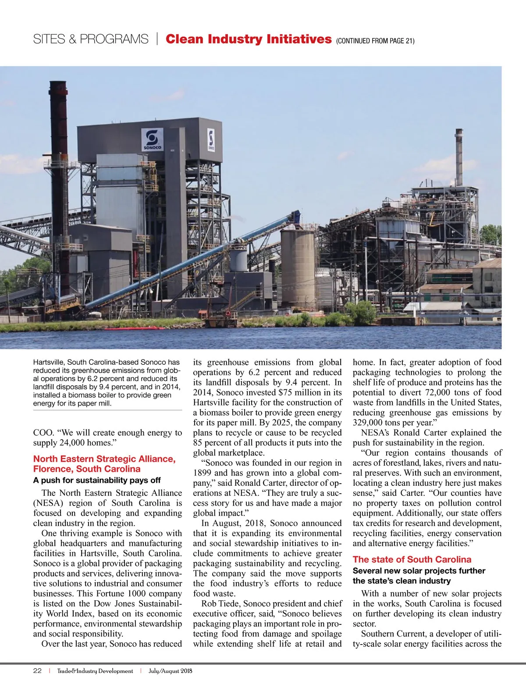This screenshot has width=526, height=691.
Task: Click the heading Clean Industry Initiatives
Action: [248, 39]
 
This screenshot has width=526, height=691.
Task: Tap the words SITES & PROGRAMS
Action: [91, 39]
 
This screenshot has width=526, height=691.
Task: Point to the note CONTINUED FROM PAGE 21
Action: [375, 41]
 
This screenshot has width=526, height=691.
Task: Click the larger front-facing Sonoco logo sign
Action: [152, 140]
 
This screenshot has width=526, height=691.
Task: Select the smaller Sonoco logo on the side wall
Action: [211, 140]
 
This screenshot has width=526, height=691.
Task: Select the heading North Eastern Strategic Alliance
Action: [104, 459]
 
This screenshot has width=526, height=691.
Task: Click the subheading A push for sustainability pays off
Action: [97, 480]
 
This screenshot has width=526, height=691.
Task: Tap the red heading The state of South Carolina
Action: [412, 559]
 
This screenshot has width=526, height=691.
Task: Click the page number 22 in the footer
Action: [37, 671]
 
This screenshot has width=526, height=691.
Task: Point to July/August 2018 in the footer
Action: [170, 671]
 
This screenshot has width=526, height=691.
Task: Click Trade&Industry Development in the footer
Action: [95, 671]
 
